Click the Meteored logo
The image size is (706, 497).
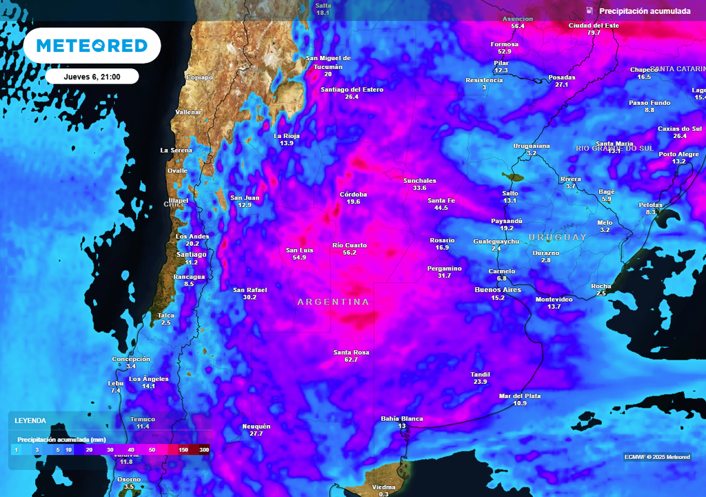coord(92,46)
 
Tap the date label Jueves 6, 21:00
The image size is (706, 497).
coord(92,77)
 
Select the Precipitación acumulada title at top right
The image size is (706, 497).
coord(644,11)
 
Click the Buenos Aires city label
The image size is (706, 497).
coord(493,290)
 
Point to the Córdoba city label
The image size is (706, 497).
coord(354,194)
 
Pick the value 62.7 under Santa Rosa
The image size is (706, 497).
coord(351,360)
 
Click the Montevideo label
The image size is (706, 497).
coord(554,299)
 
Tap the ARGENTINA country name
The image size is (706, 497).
coord(333,302)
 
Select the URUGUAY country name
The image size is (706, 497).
coord(558,237)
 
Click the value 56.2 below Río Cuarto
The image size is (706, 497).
coord(349,253)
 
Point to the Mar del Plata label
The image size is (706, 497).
coord(519,396)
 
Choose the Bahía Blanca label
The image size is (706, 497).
coord(402,418)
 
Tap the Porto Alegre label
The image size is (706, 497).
coord(678,154)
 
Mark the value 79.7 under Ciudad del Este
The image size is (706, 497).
coord(594,32)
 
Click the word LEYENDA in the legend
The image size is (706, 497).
coord(30,420)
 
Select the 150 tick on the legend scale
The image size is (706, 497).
coord(183,450)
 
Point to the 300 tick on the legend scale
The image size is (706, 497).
coord(203,450)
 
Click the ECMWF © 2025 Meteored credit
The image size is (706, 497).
coord(657,457)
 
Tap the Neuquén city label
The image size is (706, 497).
coord(256,426)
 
